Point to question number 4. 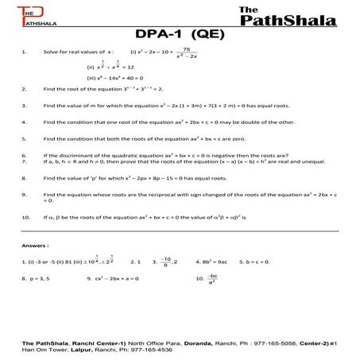pyautogui.click(x=25, y=123)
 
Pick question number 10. pyautogui.click(x=26, y=216)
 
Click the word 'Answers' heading pyautogui.click(x=37, y=246)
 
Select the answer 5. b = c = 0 pyautogui.click(x=263, y=261)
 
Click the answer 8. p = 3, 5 pyautogui.click(x=36, y=279)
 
